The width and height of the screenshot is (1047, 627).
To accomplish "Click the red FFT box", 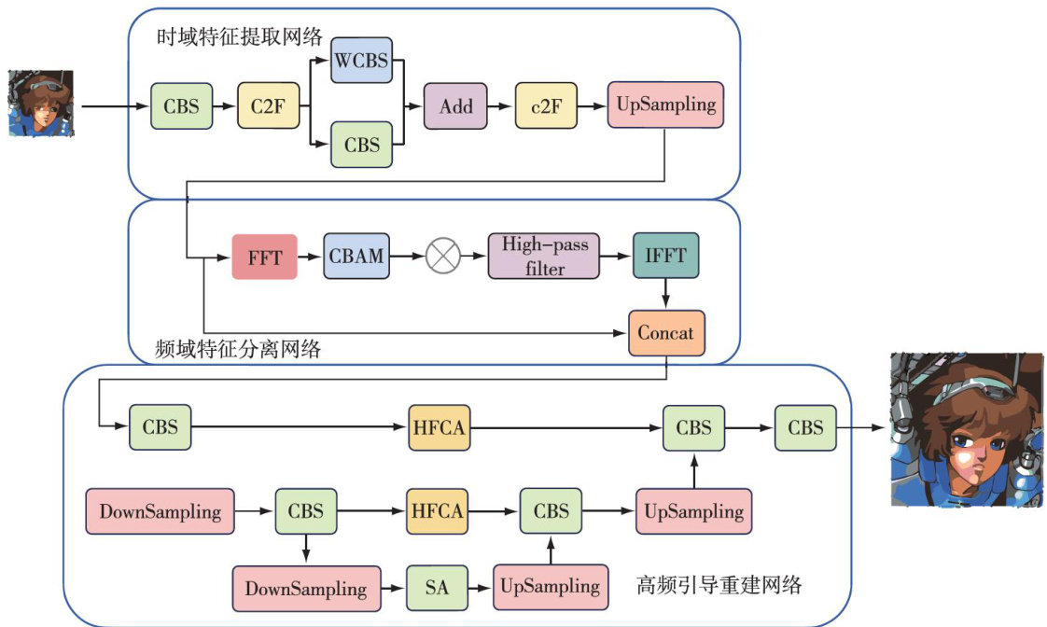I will pyautogui.click(x=264, y=257).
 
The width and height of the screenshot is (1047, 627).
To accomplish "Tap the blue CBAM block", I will pyautogui.click(x=356, y=256).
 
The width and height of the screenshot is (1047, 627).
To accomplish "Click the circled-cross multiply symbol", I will pyautogui.click(x=443, y=256).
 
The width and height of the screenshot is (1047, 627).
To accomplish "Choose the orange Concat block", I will pyautogui.click(x=665, y=332).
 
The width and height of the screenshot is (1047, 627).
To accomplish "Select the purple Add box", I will pyautogui.click(x=455, y=105).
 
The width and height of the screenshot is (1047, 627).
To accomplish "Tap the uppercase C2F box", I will pyautogui.click(x=268, y=105).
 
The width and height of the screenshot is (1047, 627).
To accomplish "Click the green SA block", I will pyautogui.click(x=436, y=588).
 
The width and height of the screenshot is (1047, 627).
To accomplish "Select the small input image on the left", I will pyautogui.click(x=41, y=104).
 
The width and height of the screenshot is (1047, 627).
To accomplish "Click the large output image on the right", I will pyautogui.click(x=966, y=429).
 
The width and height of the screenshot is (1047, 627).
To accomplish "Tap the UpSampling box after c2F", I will pyautogui.click(x=665, y=104).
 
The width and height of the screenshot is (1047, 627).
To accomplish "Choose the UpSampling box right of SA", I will pyautogui.click(x=551, y=587).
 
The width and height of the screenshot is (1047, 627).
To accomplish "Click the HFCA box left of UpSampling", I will pyautogui.click(x=437, y=511).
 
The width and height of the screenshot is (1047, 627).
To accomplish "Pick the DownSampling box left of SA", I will pyautogui.click(x=306, y=588).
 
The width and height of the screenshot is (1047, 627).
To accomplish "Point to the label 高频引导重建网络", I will pyautogui.click(x=719, y=586).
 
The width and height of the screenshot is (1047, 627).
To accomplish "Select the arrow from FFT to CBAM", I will pyautogui.click(x=310, y=256).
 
